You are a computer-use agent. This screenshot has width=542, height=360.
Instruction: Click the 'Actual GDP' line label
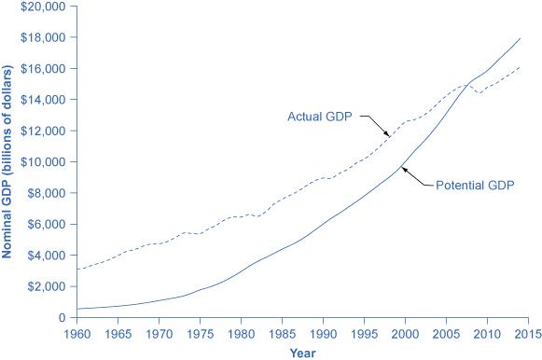[320, 118]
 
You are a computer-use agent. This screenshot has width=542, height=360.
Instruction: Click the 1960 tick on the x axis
[76, 331]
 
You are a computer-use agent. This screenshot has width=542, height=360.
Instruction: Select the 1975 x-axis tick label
[200, 331]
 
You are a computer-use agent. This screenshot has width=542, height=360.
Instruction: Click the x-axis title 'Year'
[302, 352]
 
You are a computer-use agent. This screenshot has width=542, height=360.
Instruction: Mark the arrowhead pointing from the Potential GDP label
[402, 167]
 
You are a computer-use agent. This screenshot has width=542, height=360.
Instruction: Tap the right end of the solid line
[521, 38]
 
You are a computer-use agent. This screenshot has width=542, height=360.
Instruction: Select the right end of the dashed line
[521, 67]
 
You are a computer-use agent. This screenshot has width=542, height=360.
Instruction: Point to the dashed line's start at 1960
[76, 269]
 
